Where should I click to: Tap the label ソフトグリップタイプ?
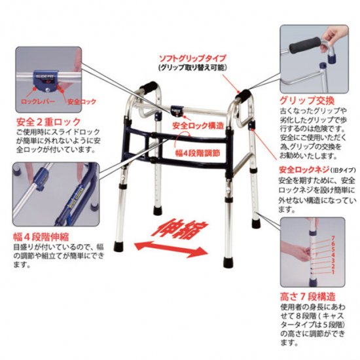click(189, 57)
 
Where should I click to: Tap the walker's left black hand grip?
click(148, 88)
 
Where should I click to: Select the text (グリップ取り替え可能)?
click(189, 67)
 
